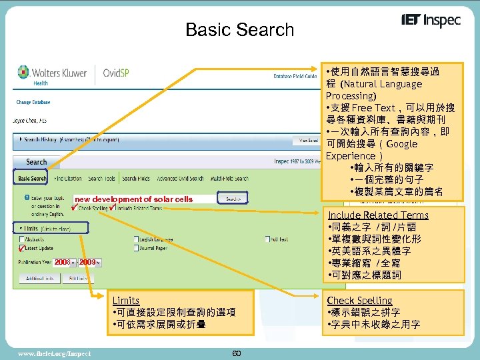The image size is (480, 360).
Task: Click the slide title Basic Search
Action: (x=239, y=29)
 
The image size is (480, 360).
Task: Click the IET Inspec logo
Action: (x=431, y=21)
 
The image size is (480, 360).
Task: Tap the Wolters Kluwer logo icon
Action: (x=24, y=73)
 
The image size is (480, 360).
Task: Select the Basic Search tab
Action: (x=32, y=179)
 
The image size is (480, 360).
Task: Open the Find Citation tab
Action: (x=68, y=179)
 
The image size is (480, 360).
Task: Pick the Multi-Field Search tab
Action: (x=229, y=179)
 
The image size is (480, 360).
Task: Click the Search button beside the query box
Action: (x=233, y=199)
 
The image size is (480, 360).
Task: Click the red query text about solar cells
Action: (x=133, y=199)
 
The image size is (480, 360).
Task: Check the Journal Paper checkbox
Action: (x=137, y=249)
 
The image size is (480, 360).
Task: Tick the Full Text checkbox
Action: (x=267, y=239)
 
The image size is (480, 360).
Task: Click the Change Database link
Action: (x=33, y=102)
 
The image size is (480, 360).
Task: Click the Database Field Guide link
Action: (x=295, y=77)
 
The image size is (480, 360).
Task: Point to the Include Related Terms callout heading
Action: (x=378, y=215)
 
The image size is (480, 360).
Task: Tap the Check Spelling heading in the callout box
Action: (x=359, y=301)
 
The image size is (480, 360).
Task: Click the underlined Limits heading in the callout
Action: (x=126, y=301)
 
